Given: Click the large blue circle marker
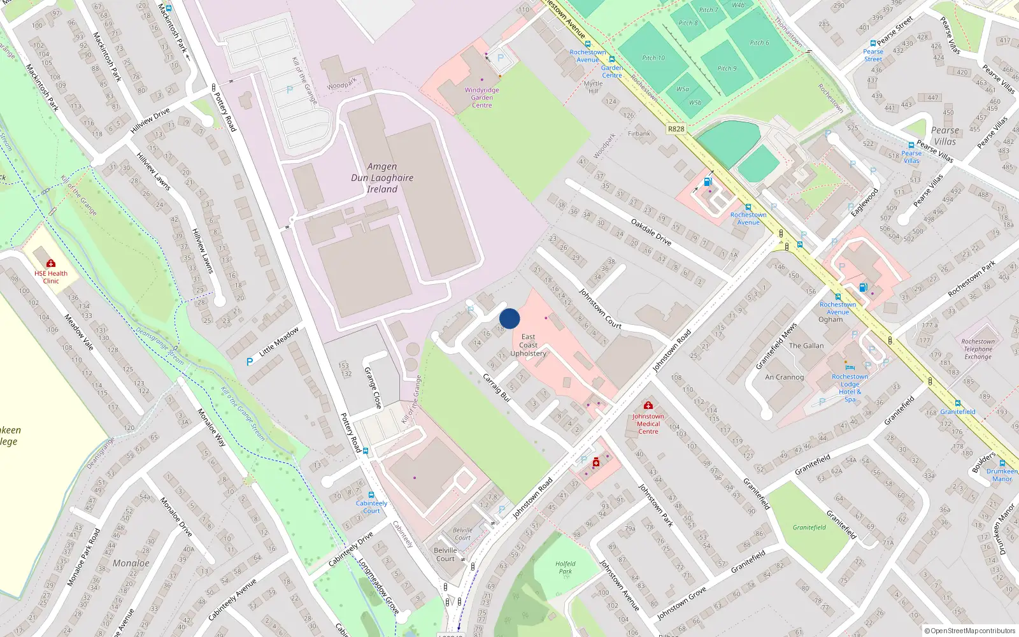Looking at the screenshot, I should (x=509, y=318).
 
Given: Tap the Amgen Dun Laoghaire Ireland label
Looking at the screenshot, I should (x=382, y=178).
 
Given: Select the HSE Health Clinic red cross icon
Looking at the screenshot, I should (x=51, y=263).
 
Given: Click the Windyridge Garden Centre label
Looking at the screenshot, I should (x=482, y=97).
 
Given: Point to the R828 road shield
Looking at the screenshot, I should (x=676, y=129).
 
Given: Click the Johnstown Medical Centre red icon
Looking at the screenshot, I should (x=648, y=405).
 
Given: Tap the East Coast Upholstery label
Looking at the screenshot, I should (x=528, y=345).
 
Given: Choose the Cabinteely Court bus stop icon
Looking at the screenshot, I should (x=371, y=495).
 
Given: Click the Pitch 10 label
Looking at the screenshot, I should (x=653, y=58).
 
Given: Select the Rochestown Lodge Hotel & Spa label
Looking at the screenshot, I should (x=850, y=388).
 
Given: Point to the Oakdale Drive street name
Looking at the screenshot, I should (x=651, y=232).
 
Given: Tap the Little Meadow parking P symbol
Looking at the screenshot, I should (x=250, y=362).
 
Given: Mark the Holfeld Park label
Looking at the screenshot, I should (x=565, y=568).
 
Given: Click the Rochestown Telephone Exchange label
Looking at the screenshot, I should (x=978, y=349).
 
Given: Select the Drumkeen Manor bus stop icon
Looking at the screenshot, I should (x=1002, y=464).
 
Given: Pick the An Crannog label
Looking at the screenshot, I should (x=784, y=377).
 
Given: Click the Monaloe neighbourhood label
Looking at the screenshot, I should (x=131, y=563).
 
